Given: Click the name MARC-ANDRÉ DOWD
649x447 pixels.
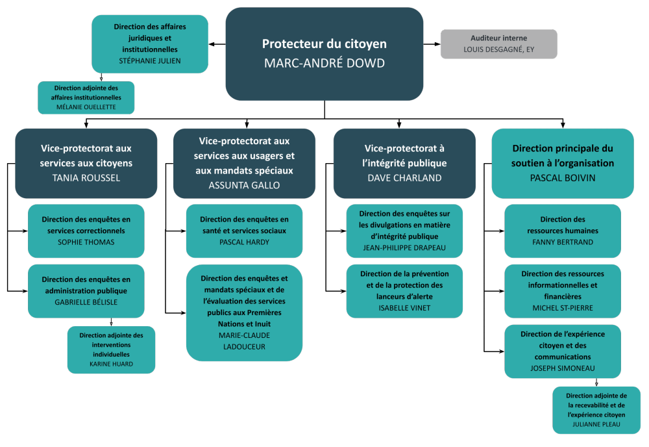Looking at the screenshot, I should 324,63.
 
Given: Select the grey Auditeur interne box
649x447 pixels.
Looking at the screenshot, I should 498,44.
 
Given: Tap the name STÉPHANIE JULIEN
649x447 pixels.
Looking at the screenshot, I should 150,61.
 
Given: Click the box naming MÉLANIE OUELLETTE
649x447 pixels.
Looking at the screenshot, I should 86,97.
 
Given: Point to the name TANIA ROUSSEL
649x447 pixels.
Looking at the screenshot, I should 86,177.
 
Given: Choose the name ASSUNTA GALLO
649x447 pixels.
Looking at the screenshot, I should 244,185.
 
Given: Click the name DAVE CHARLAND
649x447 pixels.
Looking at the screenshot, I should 405,177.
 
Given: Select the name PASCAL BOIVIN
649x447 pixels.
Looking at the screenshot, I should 562,177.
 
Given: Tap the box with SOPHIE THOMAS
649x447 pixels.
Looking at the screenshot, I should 86,231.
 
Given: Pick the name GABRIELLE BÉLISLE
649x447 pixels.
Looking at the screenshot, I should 86,302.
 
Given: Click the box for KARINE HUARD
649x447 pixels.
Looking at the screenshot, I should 111,350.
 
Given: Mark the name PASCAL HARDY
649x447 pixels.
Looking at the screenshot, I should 244,242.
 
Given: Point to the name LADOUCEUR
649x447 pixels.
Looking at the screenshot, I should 244,346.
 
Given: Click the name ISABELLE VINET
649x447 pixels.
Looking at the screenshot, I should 404,307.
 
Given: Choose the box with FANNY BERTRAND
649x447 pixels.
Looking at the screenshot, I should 563,231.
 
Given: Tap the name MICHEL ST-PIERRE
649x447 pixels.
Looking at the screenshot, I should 562,307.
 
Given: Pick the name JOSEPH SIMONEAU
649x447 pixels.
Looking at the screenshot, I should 562,368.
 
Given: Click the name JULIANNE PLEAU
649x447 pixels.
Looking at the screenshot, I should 596,424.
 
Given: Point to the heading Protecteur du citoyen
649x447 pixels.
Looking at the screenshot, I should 324,44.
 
